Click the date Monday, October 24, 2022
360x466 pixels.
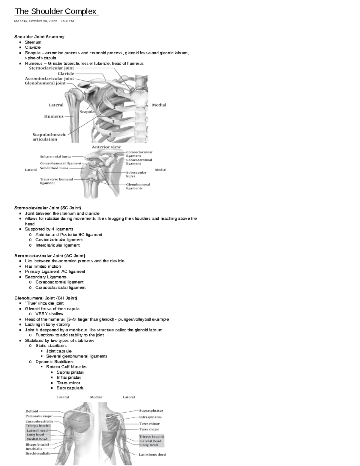(36, 21)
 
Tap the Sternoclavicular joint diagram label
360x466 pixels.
(51, 68)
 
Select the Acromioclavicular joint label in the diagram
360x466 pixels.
(49, 78)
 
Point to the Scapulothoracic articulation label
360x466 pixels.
(49, 137)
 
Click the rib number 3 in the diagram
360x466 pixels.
(113, 122)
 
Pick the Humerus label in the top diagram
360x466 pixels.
(54, 116)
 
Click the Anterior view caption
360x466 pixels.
(106, 147)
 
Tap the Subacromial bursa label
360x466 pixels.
(55, 156)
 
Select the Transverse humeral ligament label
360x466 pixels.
(56, 181)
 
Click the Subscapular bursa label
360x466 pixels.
(136, 174)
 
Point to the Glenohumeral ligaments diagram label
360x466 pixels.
(138, 186)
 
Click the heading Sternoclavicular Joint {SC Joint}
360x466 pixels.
(48, 208)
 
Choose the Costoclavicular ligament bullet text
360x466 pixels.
(59, 240)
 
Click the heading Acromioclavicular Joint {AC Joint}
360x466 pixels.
(50, 256)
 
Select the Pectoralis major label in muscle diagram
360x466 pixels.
(39, 416)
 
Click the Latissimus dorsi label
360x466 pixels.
(152, 455)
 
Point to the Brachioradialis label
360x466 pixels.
(38, 453)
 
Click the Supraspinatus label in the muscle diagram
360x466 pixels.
(151, 410)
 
